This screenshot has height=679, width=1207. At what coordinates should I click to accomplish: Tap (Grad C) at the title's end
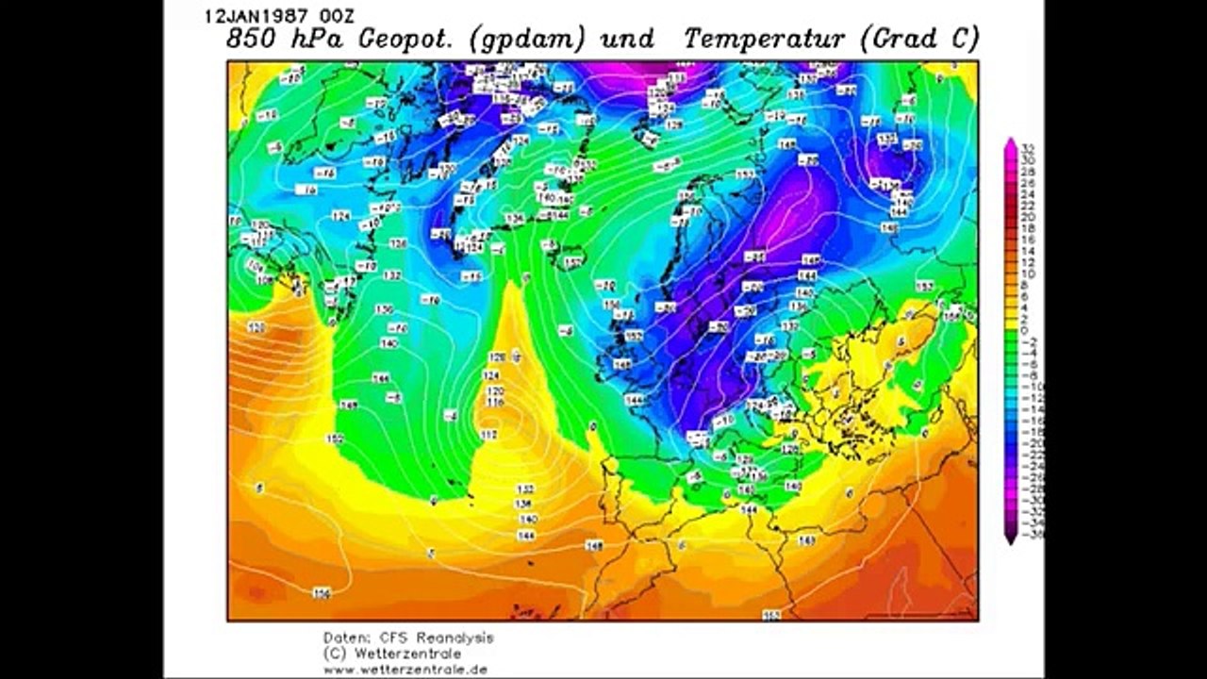[x=919, y=39]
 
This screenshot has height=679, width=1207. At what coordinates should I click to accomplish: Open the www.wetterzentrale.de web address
[x=405, y=670]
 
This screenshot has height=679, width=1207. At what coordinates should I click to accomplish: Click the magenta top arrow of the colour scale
[x=1010, y=144]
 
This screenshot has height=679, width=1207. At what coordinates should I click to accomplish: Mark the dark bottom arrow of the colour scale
[x=1010, y=538]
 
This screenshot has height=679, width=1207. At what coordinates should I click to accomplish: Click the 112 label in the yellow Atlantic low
[x=488, y=434]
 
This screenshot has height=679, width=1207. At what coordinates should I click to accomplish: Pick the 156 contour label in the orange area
[x=322, y=592]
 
